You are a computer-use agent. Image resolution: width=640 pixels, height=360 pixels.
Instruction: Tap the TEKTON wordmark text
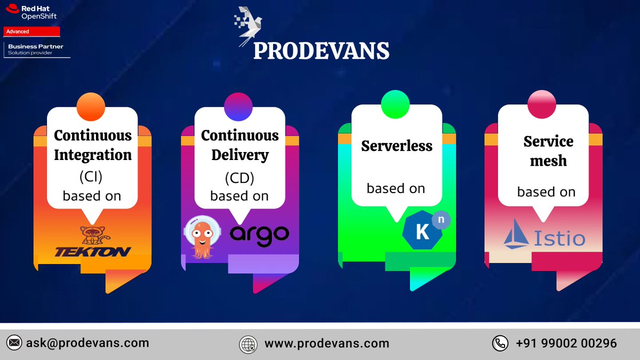point(92,252)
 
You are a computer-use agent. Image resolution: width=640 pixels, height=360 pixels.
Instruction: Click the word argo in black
point(259,235)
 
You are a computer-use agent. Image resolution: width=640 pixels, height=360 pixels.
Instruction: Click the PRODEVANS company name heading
point(321,51)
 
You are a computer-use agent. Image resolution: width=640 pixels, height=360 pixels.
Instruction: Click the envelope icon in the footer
point(14,343)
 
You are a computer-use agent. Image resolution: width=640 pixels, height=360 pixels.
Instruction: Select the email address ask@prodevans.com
point(87,343)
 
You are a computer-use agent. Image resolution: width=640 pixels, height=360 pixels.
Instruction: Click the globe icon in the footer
point(248,344)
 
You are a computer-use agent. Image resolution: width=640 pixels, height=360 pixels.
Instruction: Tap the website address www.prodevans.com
point(327,343)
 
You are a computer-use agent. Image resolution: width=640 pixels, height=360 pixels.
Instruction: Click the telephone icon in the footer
point(500,343)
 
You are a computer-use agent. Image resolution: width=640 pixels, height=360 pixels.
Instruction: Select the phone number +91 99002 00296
point(566,343)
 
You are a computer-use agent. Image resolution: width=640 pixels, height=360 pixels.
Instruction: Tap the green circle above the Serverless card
point(395,104)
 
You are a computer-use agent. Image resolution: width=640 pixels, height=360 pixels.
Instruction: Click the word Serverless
point(397,146)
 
